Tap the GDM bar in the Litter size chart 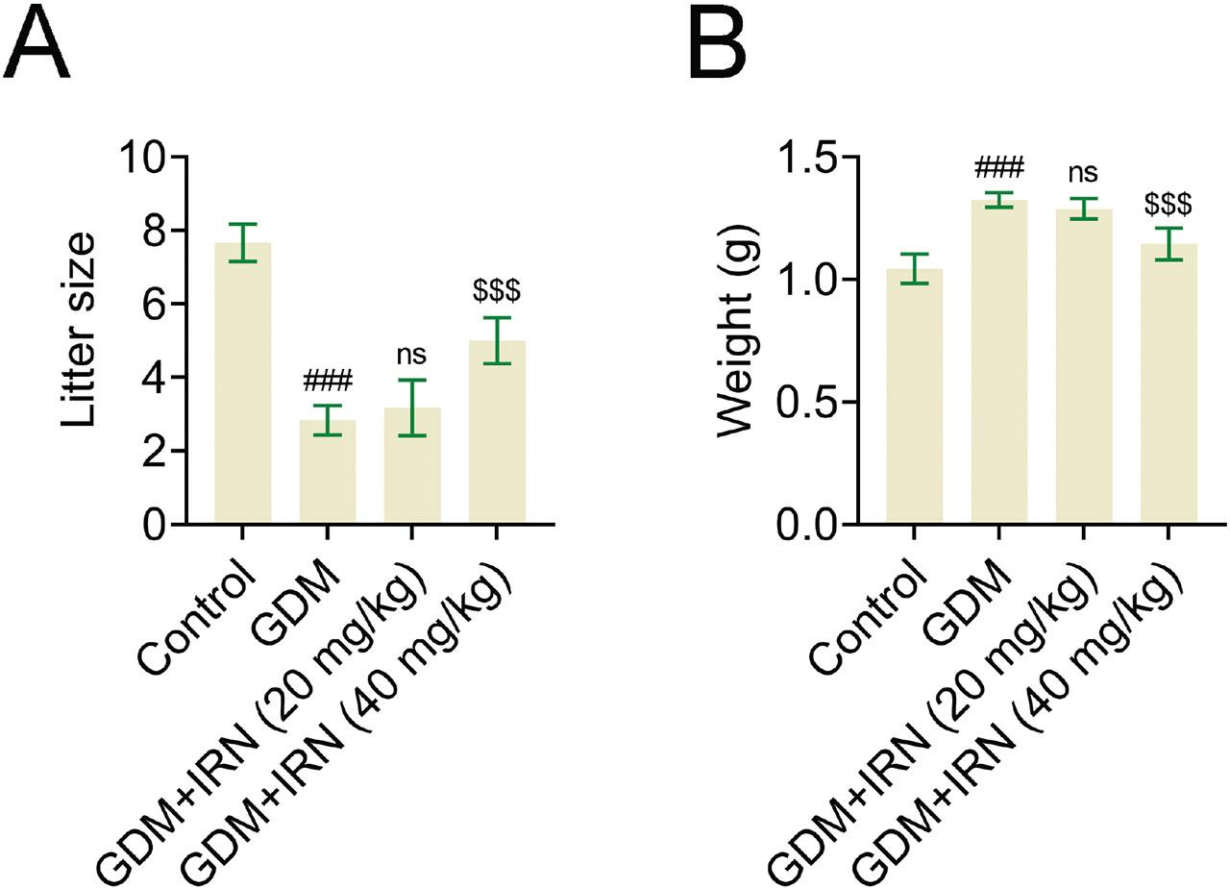(327, 472)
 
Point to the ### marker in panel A (327, 382)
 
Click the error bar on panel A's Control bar (242, 242)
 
